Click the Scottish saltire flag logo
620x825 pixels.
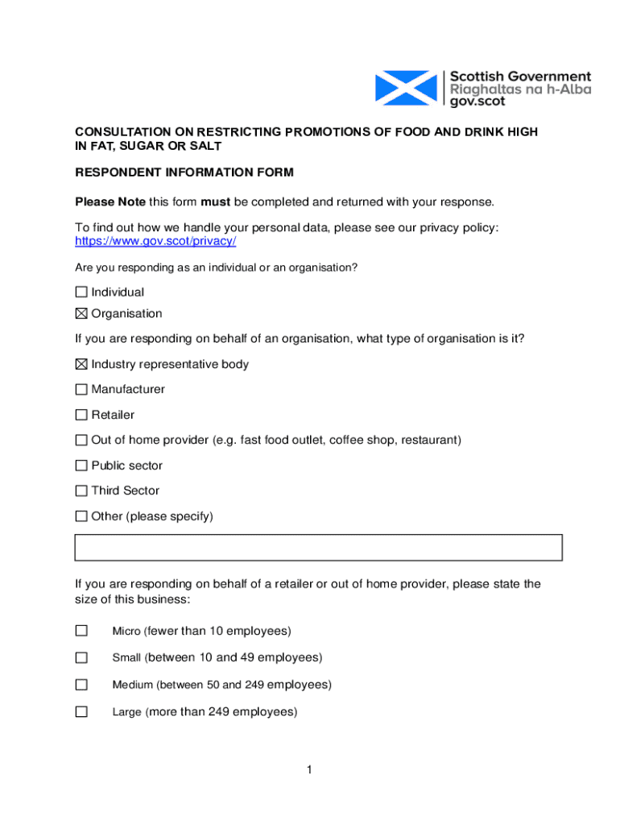(407, 88)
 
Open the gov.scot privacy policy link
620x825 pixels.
(155, 242)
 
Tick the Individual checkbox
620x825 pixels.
(81, 292)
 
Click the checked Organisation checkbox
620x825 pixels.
(81, 313)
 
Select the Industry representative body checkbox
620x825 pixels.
(81, 364)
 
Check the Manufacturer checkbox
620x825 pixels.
(81, 390)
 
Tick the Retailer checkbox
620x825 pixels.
(81, 415)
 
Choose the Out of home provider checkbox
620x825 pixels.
(81, 441)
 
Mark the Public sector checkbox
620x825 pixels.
(81, 466)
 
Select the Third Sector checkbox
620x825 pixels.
(81, 491)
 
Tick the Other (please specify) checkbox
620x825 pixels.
(81, 516)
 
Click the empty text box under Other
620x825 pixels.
(318, 547)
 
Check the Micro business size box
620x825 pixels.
(81, 631)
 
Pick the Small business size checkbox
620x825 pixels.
(81, 658)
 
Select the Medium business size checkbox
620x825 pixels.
(81, 685)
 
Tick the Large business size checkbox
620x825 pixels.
(81, 712)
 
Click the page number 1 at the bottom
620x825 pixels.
(309, 771)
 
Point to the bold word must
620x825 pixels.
(216, 201)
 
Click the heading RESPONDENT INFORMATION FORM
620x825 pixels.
(184, 172)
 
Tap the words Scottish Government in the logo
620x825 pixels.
(520, 77)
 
